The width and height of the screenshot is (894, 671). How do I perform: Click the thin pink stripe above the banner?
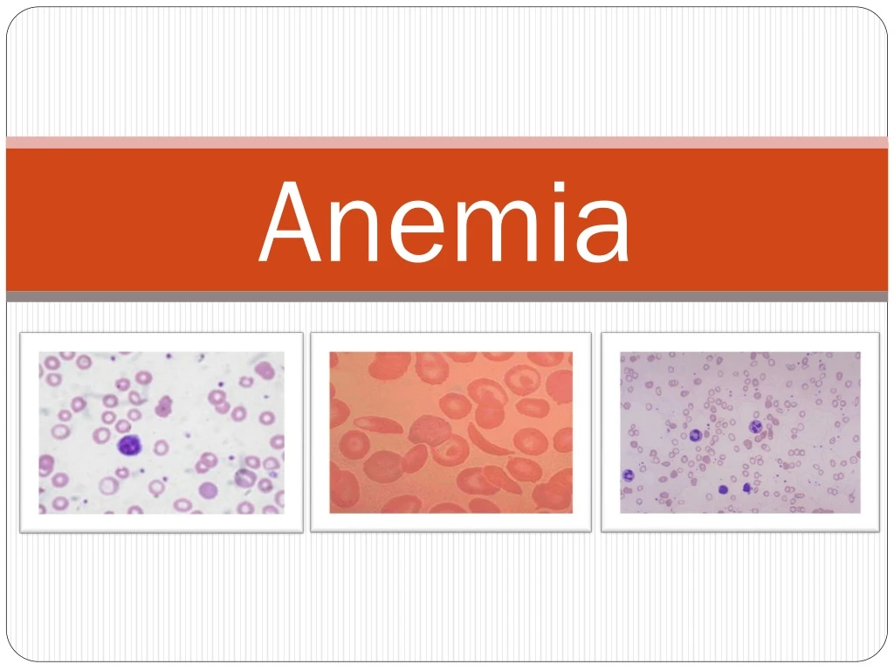(x=447, y=142)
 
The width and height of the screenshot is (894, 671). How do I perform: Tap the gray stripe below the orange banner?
(x=447, y=297)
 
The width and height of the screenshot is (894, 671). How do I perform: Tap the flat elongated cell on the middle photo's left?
(x=377, y=425)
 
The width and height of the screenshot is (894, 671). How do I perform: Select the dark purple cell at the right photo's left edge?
(x=627, y=475)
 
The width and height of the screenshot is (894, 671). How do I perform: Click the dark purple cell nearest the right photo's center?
(x=756, y=427)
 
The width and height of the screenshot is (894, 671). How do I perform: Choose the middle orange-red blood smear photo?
(x=450, y=432)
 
